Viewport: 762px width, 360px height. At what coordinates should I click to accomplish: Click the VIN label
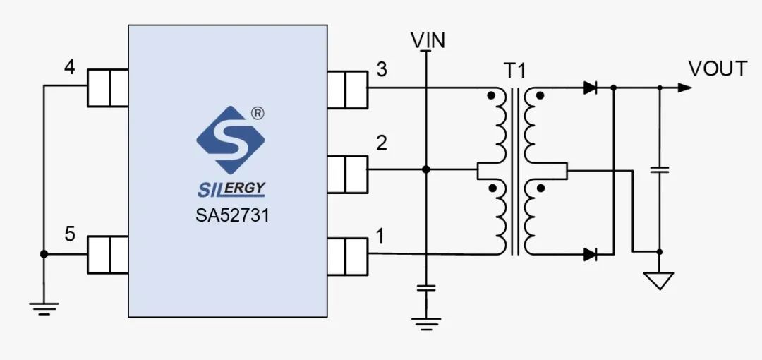(x=428, y=40)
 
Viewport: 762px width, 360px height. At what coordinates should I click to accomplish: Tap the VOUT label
(x=718, y=68)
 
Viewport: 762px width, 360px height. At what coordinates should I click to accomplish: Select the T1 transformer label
(x=514, y=71)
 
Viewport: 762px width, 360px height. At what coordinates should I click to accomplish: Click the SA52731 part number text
(x=232, y=215)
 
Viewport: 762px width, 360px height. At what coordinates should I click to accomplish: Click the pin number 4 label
(x=69, y=67)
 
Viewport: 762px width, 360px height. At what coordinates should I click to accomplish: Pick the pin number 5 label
(x=69, y=234)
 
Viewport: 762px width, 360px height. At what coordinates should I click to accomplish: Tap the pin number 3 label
(x=382, y=69)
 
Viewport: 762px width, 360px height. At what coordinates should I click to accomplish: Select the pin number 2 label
(x=382, y=143)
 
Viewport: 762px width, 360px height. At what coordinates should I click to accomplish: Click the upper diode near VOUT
(x=591, y=88)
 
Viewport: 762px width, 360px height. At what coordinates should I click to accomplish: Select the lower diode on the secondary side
(x=591, y=253)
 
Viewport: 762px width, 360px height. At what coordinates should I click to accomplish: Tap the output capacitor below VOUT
(x=660, y=169)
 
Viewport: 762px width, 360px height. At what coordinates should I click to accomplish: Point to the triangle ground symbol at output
(x=659, y=281)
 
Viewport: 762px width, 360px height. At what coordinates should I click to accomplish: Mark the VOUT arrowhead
(x=684, y=88)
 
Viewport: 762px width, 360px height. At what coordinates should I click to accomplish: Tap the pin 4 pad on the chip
(x=107, y=87)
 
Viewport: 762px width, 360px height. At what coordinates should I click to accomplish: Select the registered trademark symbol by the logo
(x=258, y=112)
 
